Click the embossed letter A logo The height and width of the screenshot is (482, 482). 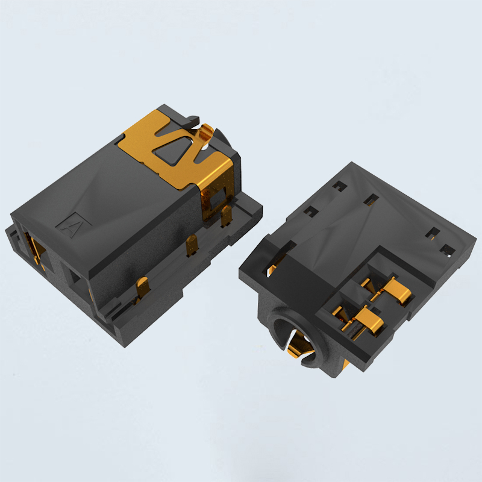point(74,225)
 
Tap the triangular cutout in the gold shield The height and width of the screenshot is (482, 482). point(174,150)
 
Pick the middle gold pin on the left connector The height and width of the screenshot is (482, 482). point(192,245)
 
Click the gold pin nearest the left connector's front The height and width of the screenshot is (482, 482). point(142,287)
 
